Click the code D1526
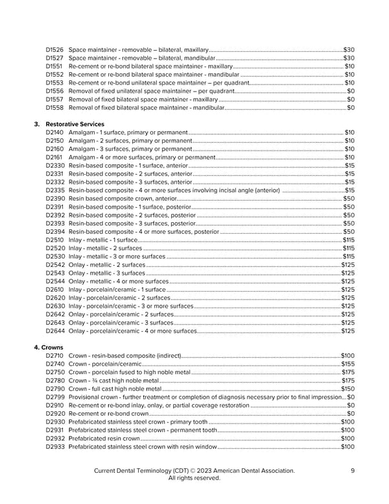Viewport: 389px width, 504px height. tap(54, 49)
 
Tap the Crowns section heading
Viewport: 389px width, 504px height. tap(49, 347)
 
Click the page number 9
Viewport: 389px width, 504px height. tap(352, 470)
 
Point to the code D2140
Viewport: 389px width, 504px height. tap(55, 132)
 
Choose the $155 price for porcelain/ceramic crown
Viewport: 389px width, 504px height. tap(348, 364)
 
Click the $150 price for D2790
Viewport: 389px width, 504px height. tap(348, 389)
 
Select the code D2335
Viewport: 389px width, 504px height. tap(55, 190)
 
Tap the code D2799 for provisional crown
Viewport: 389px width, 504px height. tap(55, 397)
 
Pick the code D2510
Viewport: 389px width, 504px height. tap(55, 240)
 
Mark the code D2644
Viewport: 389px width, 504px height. tap(55, 331)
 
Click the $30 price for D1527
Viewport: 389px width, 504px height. tap(348, 58)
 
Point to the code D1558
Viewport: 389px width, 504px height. tap(54, 107)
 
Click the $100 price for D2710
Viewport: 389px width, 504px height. tap(348, 356)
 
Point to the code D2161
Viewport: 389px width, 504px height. tap(54, 157)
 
